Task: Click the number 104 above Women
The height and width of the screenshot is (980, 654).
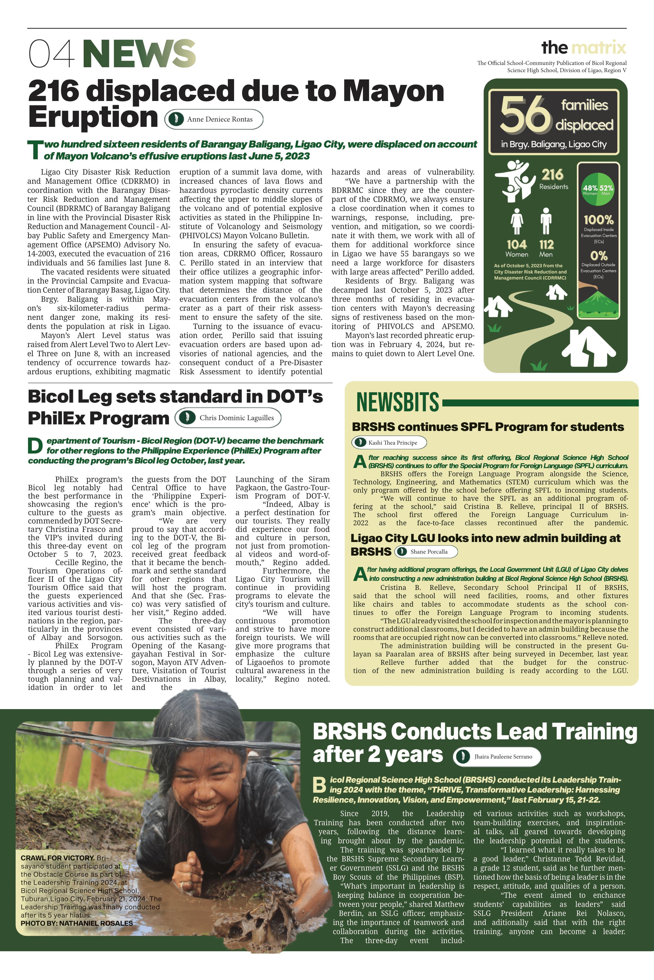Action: click(x=516, y=244)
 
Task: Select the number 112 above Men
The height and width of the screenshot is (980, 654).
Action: click(x=546, y=244)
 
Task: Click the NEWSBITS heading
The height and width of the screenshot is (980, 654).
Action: click(x=398, y=402)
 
